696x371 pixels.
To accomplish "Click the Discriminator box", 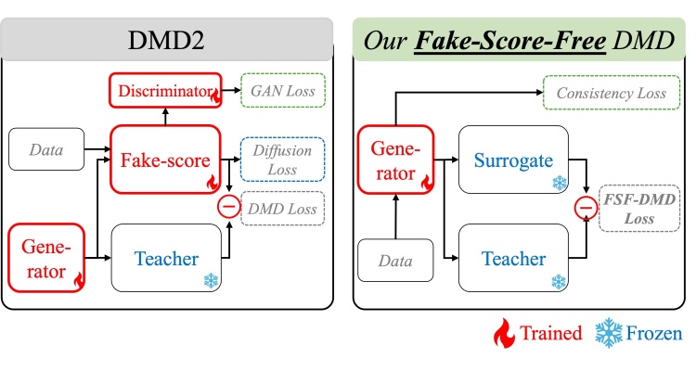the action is [x=165, y=91].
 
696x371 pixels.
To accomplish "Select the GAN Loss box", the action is [x=283, y=91].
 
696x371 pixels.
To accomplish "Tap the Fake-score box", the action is [x=165, y=160].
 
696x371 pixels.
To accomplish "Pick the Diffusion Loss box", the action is [x=282, y=160].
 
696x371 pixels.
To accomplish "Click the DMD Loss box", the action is [x=282, y=209].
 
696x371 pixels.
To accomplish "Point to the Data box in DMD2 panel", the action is [x=46, y=149].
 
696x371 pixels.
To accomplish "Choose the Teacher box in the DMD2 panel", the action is [x=166, y=258].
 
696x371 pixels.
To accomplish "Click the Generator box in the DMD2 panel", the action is [x=46, y=258].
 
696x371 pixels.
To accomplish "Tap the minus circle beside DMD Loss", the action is [x=228, y=206].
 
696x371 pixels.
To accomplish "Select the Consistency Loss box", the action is [x=612, y=93].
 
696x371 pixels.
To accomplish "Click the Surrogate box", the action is [x=513, y=160].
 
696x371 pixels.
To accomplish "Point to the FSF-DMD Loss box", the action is [x=639, y=209].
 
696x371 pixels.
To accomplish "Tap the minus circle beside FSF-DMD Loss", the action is [x=586, y=207].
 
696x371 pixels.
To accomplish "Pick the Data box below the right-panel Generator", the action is [x=395, y=261].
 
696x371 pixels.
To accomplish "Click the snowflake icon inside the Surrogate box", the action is [x=560, y=183].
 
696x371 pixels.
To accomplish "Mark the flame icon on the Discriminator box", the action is [x=215, y=96].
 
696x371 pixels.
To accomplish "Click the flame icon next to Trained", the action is [x=505, y=333].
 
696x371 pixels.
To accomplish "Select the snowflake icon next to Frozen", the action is [x=609, y=333].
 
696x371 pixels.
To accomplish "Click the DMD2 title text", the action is [x=166, y=41].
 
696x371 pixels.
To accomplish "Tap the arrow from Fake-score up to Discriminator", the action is [x=165, y=117].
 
